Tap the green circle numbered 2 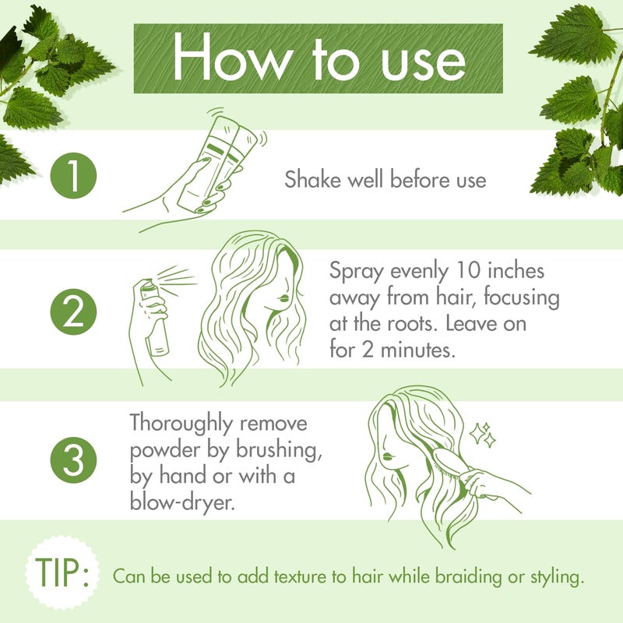(x=73, y=313)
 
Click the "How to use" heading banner (x=319, y=58)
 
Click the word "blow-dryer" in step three (x=182, y=502)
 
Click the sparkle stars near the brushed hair (x=483, y=435)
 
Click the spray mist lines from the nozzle (x=178, y=278)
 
